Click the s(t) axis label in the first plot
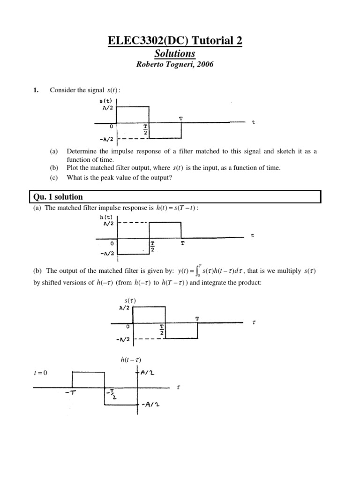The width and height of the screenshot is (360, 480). tap(106, 101)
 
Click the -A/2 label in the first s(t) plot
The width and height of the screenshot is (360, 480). tap(106, 139)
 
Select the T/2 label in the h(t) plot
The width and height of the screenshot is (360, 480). tap(153, 247)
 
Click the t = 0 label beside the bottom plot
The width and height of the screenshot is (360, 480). tap(41, 373)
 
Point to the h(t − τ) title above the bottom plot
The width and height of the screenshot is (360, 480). tap(131, 360)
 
